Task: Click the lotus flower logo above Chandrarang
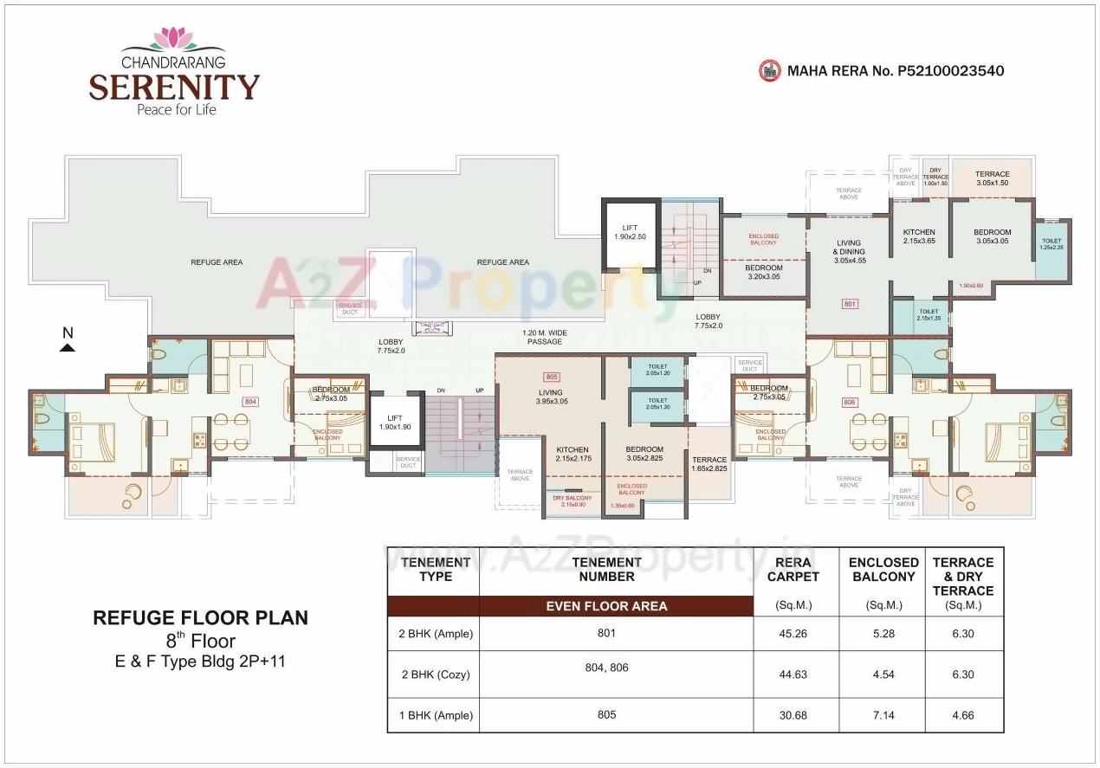(174, 38)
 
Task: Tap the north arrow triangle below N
(68, 347)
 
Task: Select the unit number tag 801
(849, 304)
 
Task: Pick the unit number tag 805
(551, 377)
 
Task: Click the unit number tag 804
(250, 402)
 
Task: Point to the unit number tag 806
(848, 402)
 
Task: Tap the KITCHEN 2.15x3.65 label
(919, 237)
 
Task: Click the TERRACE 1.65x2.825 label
(709, 464)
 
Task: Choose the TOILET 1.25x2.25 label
(1051, 244)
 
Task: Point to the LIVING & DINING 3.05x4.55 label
(849, 251)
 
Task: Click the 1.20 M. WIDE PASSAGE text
(545, 337)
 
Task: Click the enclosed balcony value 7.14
(883, 715)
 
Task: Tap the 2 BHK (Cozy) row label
(435, 674)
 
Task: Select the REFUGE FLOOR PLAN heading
(200, 618)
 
